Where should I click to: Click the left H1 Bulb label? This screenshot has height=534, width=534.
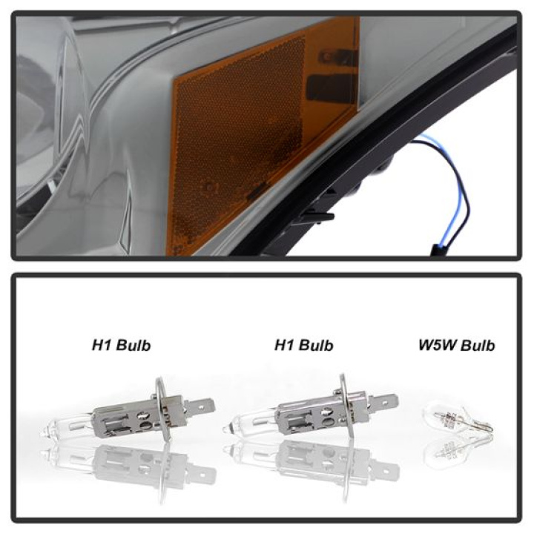(x=121, y=345)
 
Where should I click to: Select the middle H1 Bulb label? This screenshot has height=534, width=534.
(x=303, y=345)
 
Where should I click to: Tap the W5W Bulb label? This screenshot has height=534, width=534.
(x=456, y=345)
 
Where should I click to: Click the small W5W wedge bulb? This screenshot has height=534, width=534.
(x=457, y=419)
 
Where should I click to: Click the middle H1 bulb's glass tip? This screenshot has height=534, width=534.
(x=226, y=429)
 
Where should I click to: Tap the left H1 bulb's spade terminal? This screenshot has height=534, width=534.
(x=200, y=406)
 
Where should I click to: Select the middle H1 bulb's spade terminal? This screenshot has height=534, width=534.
(x=384, y=402)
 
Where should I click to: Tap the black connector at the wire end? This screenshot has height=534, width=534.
(x=438, y=250)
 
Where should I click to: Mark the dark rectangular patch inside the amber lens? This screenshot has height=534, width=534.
(x=329, y=88)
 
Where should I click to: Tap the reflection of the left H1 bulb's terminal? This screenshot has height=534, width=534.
(x=202, y=472)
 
